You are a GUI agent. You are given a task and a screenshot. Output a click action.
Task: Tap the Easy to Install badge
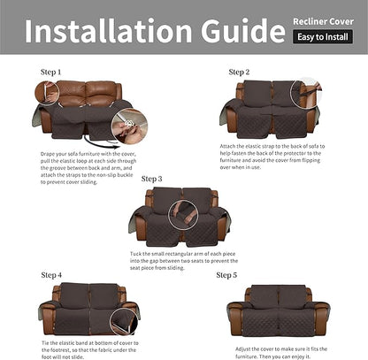coord(321,37)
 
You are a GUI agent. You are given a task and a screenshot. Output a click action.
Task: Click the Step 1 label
coord(51,71)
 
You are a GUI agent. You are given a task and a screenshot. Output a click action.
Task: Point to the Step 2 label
coord(240,72)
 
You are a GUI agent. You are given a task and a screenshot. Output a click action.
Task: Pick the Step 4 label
coord(51,275)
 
